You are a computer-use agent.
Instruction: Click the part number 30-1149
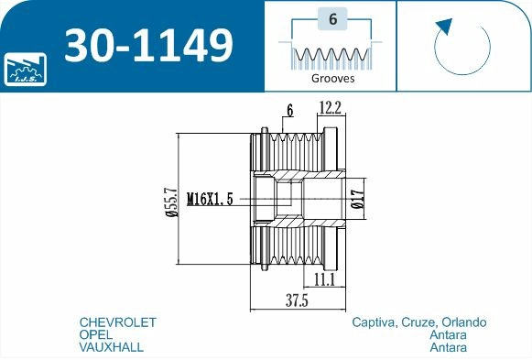pyautogui.click(x=147, y=45)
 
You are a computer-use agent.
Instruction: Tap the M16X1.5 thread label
pyautogui.click(x=212, y=198)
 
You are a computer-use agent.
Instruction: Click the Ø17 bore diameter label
pyautogui.click(x=357, y=199)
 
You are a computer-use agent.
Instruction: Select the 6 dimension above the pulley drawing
pyautogui.click(x=289, y=111)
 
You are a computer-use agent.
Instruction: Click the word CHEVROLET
pyautogui.click(x=118, y=323)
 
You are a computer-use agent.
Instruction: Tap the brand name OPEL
pyautogui.click(x=97, y=335)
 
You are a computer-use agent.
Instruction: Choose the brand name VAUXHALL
pyautogui.click(x=112, y=348)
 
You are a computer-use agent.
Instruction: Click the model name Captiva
pyautogui.click(x=374, y=323)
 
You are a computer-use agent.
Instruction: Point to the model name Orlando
pyautogui.click(x=463, y=323)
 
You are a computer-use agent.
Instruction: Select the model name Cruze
pyautogui.click(x=418, y=323)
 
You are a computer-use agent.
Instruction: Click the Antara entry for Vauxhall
pyautogui.click(x=448, y=348)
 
